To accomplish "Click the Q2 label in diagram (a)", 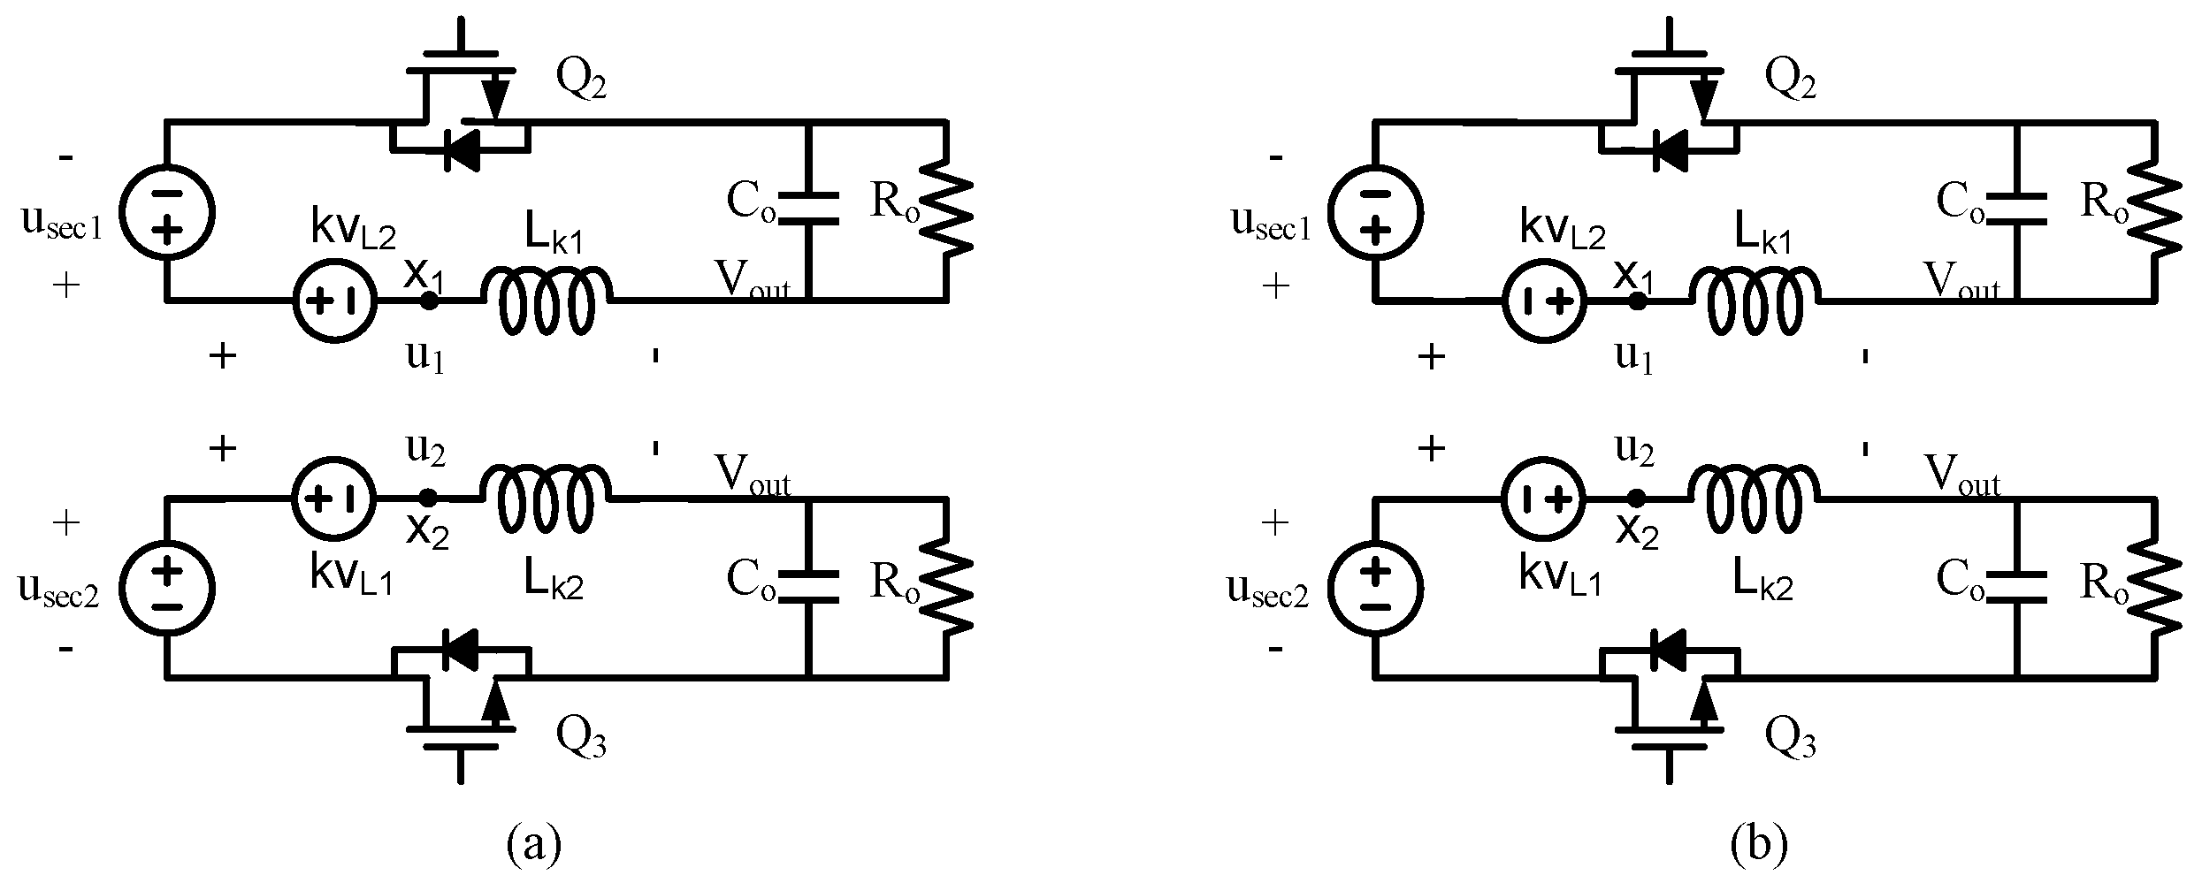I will click(581, 81).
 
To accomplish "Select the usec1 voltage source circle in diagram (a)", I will click(166, 212).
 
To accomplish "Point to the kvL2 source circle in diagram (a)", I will click(335, 301).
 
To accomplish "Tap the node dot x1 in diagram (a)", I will click(428, 301).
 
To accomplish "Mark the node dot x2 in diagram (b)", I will click(1638, 498).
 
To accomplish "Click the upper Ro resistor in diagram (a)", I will click(947, 212).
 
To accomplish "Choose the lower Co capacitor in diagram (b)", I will click(2018, 588).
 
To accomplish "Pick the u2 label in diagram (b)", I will click(1634, 450).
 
